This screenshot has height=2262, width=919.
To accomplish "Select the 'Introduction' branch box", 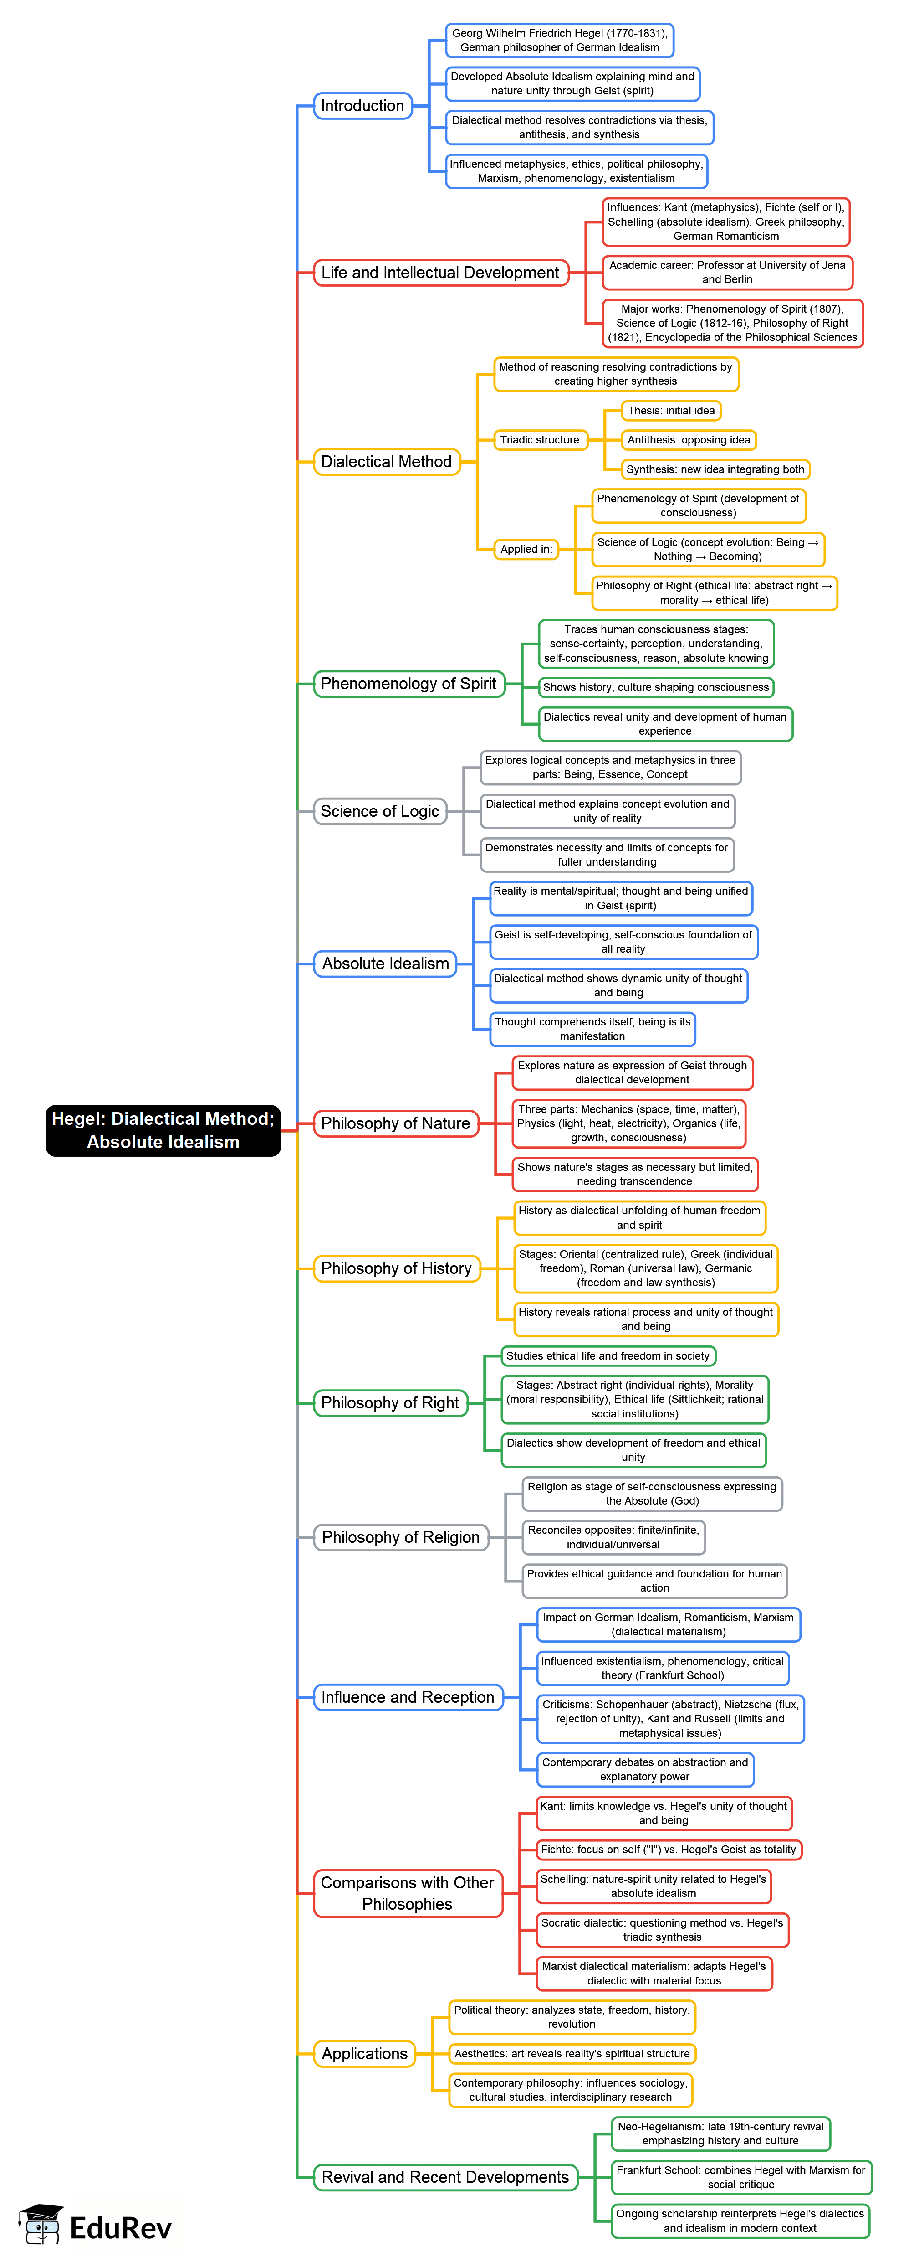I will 362,105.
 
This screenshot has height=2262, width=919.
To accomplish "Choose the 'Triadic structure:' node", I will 541,440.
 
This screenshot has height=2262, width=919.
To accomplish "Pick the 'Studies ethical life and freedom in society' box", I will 608,1356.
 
